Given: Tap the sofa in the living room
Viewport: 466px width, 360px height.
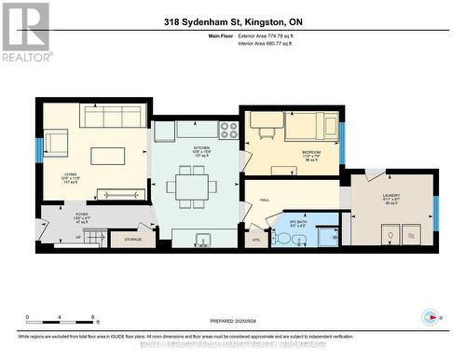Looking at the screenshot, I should (114, 117).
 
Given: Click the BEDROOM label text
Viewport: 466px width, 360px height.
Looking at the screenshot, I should (311, 152).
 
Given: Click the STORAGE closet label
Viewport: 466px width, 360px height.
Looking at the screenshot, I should (132, 239).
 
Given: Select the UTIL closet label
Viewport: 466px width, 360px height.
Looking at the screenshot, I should (255, 240).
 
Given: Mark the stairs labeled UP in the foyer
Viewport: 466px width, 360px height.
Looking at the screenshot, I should (77, 237).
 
